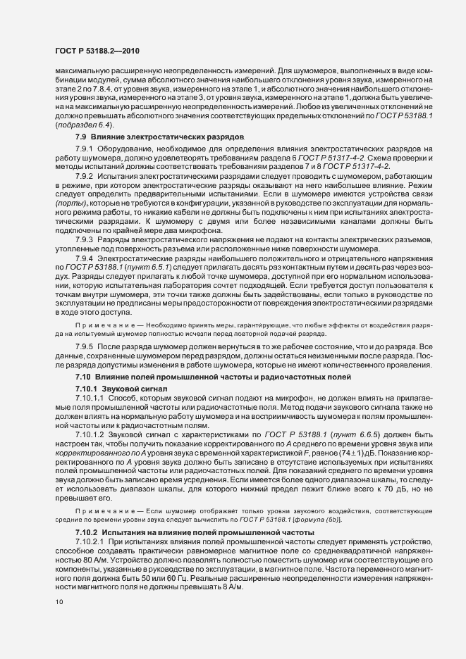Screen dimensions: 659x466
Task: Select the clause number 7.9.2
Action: tap(84, 174)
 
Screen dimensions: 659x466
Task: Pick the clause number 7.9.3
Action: tap(84, 239)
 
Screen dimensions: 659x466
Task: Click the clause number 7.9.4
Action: tap(84, 259)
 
